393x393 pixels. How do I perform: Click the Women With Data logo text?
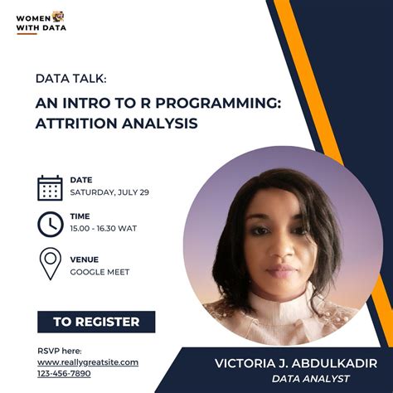click(40, 22)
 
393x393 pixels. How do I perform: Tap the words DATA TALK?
click(70, 79)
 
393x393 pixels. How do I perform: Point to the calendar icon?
click(50, 187)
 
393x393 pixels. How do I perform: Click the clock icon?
click(50, 224)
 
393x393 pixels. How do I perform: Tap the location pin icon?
click(50, 264)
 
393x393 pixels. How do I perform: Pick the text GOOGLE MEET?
click(99, 271)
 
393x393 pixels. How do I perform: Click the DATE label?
click(80, 180)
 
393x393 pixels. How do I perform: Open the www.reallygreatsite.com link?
click(88, 362)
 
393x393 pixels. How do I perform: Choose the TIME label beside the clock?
click(80, 216)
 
